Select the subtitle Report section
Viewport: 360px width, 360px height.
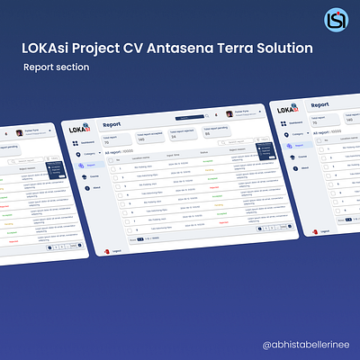57,67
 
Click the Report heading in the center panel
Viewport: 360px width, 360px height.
112,126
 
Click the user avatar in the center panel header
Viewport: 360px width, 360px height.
229,114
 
